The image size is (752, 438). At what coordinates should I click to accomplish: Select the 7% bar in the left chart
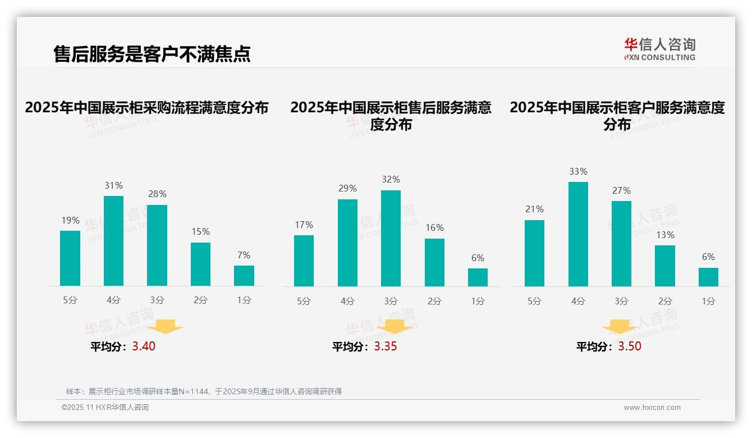[244, 276]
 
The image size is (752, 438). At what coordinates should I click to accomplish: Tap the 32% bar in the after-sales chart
[391, 238]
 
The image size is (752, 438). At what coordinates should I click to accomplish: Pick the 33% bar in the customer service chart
[578, 234]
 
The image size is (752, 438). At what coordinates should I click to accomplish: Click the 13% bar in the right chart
[665, 266]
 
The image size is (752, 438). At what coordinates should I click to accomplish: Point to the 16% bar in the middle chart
[434, 262]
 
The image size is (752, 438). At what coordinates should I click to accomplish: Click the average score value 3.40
[144, 346]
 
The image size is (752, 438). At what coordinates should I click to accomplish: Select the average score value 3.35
[386, 346]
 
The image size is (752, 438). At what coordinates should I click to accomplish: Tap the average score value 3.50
[630, 346]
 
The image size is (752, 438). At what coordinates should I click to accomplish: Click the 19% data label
[70, 220]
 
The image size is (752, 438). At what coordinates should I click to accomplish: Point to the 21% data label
[534, 209]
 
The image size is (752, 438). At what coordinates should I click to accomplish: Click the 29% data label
[347, 189]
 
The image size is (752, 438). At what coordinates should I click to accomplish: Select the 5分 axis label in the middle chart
[304, 302]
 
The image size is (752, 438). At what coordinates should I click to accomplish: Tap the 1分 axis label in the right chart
[708, 302]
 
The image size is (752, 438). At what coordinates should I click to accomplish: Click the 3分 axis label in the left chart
[157, 300]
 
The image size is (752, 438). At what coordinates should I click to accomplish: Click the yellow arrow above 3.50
[620, 327]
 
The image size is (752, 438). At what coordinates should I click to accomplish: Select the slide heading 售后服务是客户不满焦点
[152, 54]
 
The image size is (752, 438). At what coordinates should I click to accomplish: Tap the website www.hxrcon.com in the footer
[652, 408]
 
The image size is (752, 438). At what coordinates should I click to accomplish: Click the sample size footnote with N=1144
[204, 391]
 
